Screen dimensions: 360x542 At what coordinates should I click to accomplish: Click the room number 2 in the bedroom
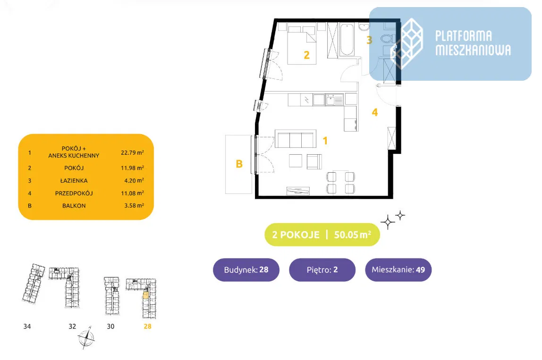(307, 55)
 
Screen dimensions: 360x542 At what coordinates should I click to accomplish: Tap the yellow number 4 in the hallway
(375, 112)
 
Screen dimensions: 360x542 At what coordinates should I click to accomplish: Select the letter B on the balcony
(239, 164)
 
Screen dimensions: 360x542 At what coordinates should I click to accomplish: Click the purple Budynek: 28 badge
(246, 270)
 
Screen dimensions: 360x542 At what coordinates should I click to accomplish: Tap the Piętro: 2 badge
(322, 270)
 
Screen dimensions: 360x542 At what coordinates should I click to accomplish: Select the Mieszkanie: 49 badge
(398, 270)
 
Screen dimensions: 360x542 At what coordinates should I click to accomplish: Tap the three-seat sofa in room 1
(296, 140)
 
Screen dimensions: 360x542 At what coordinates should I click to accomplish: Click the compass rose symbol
(86, 337)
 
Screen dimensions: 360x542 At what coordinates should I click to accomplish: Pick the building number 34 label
(27, 326)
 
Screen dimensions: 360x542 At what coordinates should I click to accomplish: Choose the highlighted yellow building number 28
(147, 326)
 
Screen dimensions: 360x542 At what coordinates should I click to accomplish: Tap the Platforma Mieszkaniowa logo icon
(406, 43)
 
